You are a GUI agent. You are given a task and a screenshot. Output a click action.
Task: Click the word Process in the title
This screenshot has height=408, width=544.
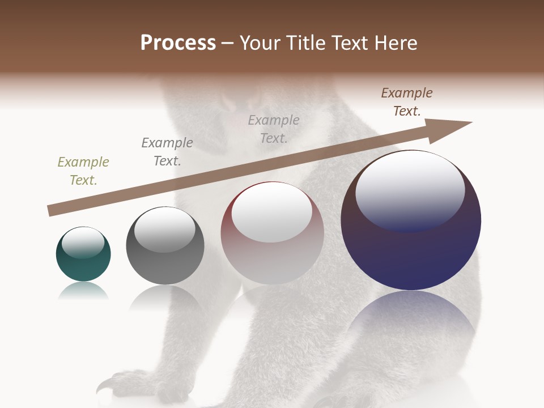pos(178,43)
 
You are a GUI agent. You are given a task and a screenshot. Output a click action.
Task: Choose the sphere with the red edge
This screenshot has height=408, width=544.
pos(272,255)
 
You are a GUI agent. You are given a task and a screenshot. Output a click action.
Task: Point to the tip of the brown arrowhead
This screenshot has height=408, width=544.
pos(471,122)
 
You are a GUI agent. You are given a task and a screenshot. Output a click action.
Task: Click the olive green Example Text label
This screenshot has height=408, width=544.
pos(83,171)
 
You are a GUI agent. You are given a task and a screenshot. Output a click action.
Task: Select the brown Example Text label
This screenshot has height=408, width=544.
pos(407,102)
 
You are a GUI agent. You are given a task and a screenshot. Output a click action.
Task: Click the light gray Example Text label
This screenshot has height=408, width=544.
pos(274,129)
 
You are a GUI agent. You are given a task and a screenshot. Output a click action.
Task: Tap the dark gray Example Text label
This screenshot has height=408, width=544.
pos(167,152)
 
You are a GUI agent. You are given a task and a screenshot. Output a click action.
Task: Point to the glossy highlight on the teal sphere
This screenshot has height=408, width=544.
pos(83,243)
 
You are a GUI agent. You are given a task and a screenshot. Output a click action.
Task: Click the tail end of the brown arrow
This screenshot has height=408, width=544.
pos(50,211)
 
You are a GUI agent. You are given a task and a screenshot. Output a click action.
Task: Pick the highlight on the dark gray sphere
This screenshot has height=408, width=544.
pos(165,230)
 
